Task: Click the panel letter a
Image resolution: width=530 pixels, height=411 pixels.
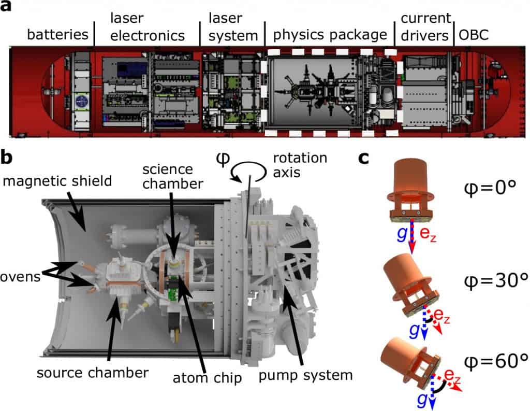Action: point(5,6)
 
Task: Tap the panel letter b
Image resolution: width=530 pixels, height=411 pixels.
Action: point(6,157)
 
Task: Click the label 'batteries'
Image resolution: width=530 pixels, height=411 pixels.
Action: point(57,35)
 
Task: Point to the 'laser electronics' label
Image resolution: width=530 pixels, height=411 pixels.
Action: point(148,27)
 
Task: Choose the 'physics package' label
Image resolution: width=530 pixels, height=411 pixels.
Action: point(330,35)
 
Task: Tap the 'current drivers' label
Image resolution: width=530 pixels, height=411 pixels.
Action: point(426,27)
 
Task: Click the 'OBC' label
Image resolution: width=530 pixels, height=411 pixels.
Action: point(473,35)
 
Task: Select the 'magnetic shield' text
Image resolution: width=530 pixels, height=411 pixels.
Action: point(57,181)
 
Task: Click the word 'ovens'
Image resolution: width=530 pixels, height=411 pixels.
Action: point(20,277)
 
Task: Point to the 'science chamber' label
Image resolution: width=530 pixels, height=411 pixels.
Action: point(173,176)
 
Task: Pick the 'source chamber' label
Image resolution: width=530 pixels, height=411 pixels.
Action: point(93,373)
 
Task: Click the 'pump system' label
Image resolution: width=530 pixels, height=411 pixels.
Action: point(305,376)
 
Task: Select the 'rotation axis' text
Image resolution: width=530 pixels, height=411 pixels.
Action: point(300,165)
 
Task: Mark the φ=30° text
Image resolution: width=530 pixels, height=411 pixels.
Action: point(496,280)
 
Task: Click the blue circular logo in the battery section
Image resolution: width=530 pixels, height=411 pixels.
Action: point(81,102)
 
